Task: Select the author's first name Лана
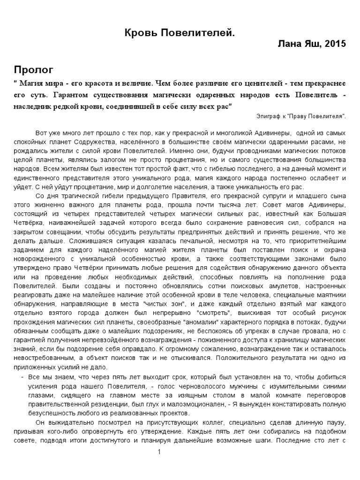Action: coord(289,44)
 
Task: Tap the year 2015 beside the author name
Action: coord(336,44)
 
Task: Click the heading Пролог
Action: coord(33,70)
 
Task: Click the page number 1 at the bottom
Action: coord(160,452)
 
